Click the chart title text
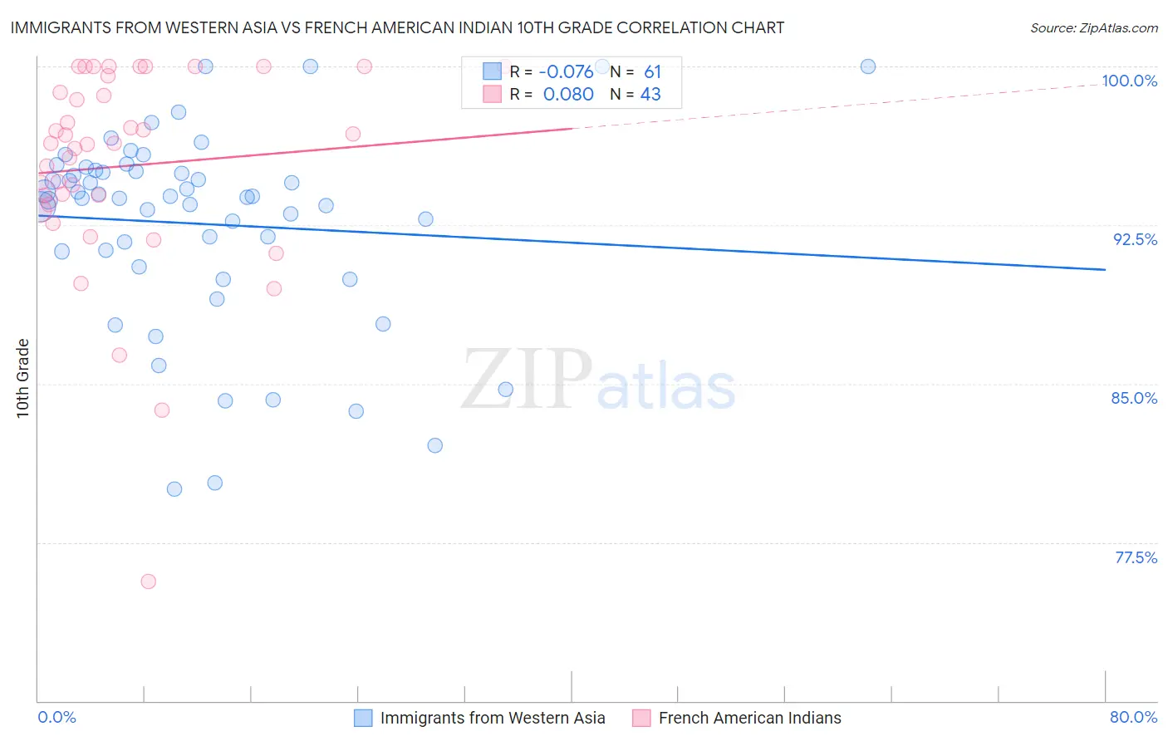(x=397, y=27)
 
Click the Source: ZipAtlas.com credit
(x=1093, y=28)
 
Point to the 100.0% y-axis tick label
(x=1129, y=81)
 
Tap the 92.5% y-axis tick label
(x=1135, y=239)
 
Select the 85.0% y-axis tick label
(x=1134, y=398)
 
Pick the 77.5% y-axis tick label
(x=1136, y=557)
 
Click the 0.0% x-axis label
(x=56, y=718)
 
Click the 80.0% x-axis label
(x=1133, y=718)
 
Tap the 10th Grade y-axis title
(x=22, y=378)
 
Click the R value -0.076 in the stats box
(x=566, y=72)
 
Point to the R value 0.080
(x=568, y=95)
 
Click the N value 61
(x=652, y=72)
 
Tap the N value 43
(x=650, y=95)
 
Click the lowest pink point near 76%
(x=149, y=582)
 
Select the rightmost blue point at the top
(x=868, y=66)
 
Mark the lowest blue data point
(x=174, y=489)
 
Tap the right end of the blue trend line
(x=1105, y=269)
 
